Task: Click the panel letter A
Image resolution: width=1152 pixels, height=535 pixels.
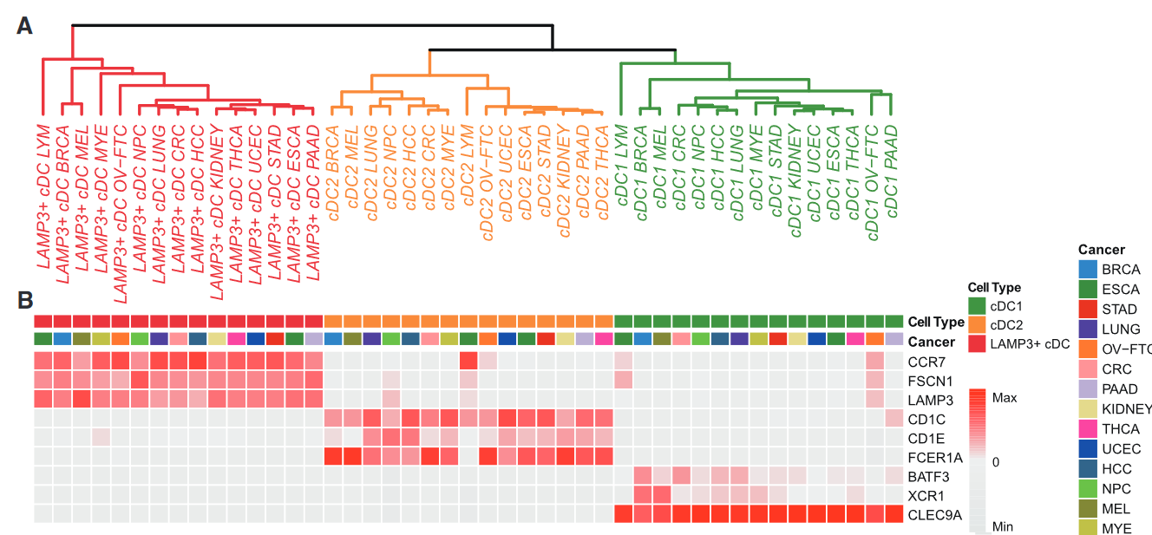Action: click(25, 27)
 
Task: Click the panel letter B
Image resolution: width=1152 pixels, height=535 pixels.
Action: click(25, 300)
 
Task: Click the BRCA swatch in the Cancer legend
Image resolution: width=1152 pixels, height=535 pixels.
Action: click(1087, 270)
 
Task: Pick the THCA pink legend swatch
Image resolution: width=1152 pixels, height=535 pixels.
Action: click(1087, 429)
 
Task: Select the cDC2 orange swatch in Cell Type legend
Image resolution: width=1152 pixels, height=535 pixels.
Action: click(978, 325)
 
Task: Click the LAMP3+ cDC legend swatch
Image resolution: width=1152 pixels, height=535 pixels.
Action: click(978, 345)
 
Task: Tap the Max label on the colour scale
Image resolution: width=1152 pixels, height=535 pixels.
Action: click(1005, 398)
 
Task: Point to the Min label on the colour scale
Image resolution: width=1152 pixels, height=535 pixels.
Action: click(1002, 526)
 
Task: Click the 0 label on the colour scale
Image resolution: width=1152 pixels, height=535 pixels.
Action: click(997, 462)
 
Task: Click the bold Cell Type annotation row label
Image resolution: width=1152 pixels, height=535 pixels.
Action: click(936, 322)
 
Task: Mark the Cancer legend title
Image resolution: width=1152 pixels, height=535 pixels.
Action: click(1102, 250)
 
